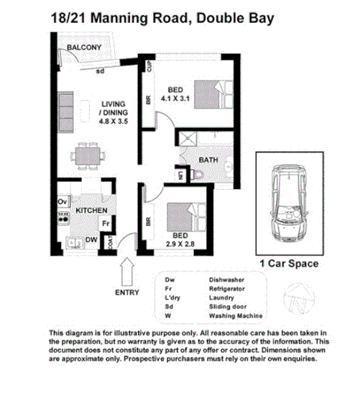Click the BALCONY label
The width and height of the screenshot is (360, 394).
click(83, 48)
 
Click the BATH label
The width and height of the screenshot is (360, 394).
click(208, 159)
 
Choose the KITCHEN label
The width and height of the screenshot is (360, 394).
click(91, 210)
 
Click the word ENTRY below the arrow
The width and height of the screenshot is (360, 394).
click(126, 293)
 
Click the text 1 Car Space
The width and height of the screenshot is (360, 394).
click(288, 264)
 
